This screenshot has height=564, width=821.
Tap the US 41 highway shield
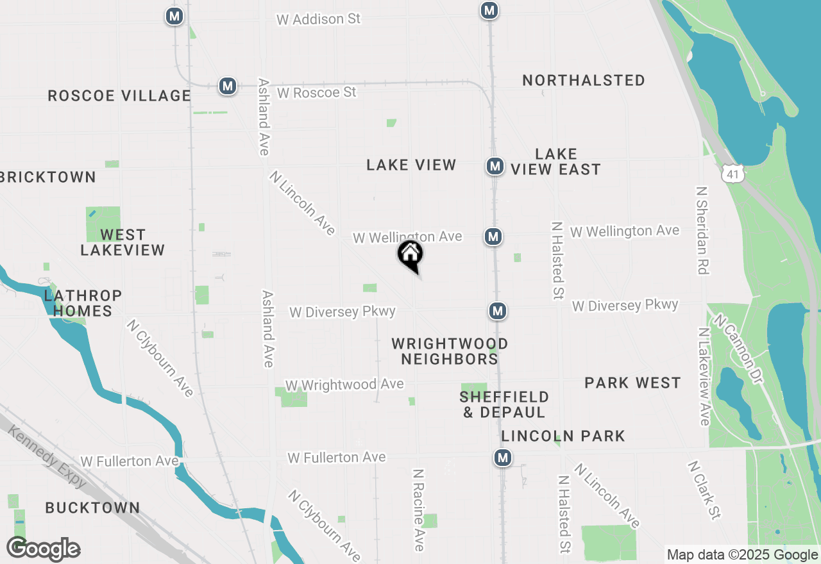point(732,172)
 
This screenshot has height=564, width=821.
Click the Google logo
point(44,549)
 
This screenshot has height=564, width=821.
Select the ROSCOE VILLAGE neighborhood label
point(119,96)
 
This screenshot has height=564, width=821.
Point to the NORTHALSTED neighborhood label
point(584,81)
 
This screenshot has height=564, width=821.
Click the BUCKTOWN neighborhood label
point(92,508)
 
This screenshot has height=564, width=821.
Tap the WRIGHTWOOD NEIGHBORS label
point(450,351)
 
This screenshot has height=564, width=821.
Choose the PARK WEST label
point(632,383)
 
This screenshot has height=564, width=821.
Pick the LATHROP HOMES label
point(83,303)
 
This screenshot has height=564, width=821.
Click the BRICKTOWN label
point(48,178)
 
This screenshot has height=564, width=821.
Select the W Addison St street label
point(318,19)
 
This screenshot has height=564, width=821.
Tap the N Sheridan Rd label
point(702,231)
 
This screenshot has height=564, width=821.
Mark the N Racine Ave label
point(419,510)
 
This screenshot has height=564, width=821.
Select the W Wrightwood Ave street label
point(344,385)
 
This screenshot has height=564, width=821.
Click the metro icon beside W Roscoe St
point(227,86)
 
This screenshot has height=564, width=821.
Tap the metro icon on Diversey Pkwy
point(498,311)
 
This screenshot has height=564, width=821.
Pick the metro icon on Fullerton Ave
point(502,458)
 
